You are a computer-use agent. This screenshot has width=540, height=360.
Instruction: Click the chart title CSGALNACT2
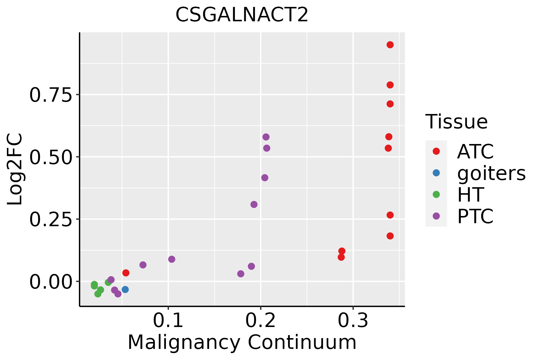tap(242, 15)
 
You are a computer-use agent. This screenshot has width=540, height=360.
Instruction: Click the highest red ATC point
tap(390, 45)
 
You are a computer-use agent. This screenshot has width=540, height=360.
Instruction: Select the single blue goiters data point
tap(125, 289)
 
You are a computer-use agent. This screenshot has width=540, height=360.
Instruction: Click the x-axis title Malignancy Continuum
tap(242, 343)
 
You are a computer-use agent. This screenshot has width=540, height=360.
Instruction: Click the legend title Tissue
tap(457, 121)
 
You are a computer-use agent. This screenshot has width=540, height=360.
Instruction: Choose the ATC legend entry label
tap(475, 151)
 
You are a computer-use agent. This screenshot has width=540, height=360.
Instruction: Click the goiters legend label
tap(491, 173)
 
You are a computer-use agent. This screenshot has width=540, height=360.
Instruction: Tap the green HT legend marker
tap(436, 194)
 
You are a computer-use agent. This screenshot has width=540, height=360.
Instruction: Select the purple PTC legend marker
tap(436, 216)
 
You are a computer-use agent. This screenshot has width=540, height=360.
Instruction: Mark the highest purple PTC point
tap(266, 137)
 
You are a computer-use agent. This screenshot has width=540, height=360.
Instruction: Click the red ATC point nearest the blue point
tap(126, 273)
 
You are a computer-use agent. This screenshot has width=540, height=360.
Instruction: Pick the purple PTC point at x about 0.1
tap(172, 259)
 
